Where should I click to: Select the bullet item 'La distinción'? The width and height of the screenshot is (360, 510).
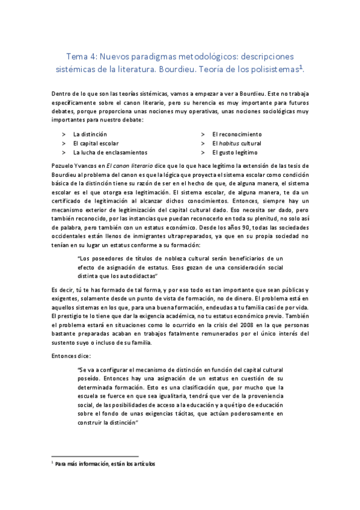[x=90, y=134]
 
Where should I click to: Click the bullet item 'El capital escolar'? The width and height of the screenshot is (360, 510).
[x=96, y=143]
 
